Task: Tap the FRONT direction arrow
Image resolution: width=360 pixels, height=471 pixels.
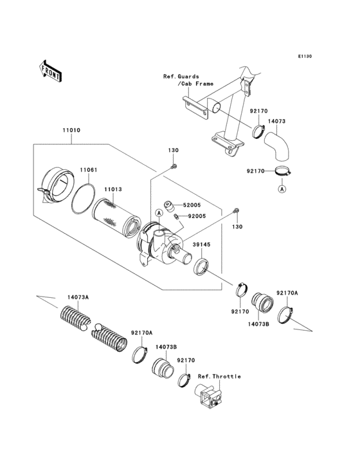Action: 51,69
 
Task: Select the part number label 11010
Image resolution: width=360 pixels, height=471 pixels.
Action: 71,131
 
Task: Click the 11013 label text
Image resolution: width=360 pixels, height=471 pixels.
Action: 113,190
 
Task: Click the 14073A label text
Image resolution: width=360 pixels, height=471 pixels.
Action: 78,297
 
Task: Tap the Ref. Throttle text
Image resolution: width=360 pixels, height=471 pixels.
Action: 219,376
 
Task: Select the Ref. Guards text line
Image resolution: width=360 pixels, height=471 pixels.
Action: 181,76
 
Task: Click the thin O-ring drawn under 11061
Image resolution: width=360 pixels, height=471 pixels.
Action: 84,199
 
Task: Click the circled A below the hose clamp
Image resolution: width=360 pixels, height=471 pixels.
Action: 281,189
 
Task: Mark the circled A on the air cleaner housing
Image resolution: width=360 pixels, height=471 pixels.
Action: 157,213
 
